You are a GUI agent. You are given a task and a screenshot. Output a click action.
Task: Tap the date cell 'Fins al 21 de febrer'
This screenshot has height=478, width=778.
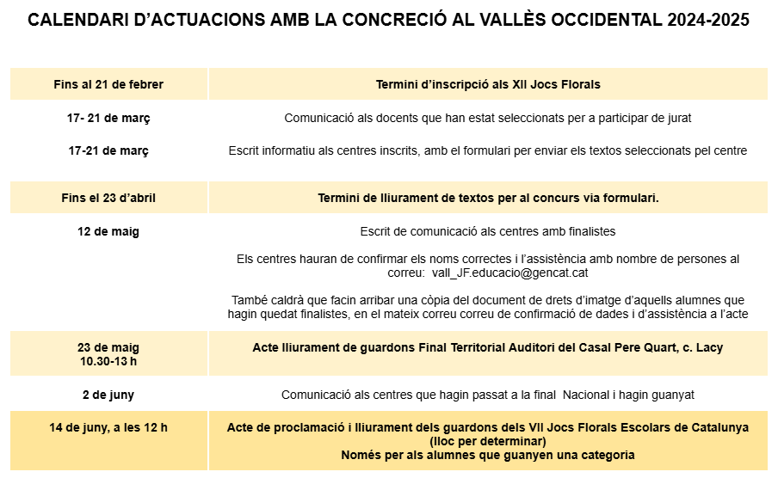point(108,84)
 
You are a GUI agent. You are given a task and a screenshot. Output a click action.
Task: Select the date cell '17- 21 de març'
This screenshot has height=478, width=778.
point(108,118)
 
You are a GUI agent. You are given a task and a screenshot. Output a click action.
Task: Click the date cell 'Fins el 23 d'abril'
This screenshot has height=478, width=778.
point(108,198)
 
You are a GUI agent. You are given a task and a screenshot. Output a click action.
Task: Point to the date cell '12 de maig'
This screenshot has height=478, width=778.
point(108,231)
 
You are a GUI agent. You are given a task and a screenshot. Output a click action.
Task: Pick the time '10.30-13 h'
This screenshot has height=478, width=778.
point(108,361)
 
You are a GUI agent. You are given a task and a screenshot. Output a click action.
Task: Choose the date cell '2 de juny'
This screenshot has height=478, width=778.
point(108,395)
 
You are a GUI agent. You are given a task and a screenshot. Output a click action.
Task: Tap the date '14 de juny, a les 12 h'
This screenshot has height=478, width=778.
point(108,427)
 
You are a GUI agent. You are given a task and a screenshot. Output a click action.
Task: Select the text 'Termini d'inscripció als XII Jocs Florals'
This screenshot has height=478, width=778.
point(488,84)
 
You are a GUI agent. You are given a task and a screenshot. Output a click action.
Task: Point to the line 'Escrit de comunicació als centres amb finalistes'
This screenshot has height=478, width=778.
point(488,231)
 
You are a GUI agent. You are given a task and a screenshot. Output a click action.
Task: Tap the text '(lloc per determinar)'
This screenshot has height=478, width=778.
point(488,441)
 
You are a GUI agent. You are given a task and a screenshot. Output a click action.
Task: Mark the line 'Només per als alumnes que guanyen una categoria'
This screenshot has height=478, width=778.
point(488,455)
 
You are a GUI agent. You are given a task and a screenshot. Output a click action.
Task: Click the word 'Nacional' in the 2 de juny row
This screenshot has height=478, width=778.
point(593,395)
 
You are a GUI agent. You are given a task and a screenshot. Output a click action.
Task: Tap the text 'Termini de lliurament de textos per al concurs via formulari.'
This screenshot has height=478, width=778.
point(488,198)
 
